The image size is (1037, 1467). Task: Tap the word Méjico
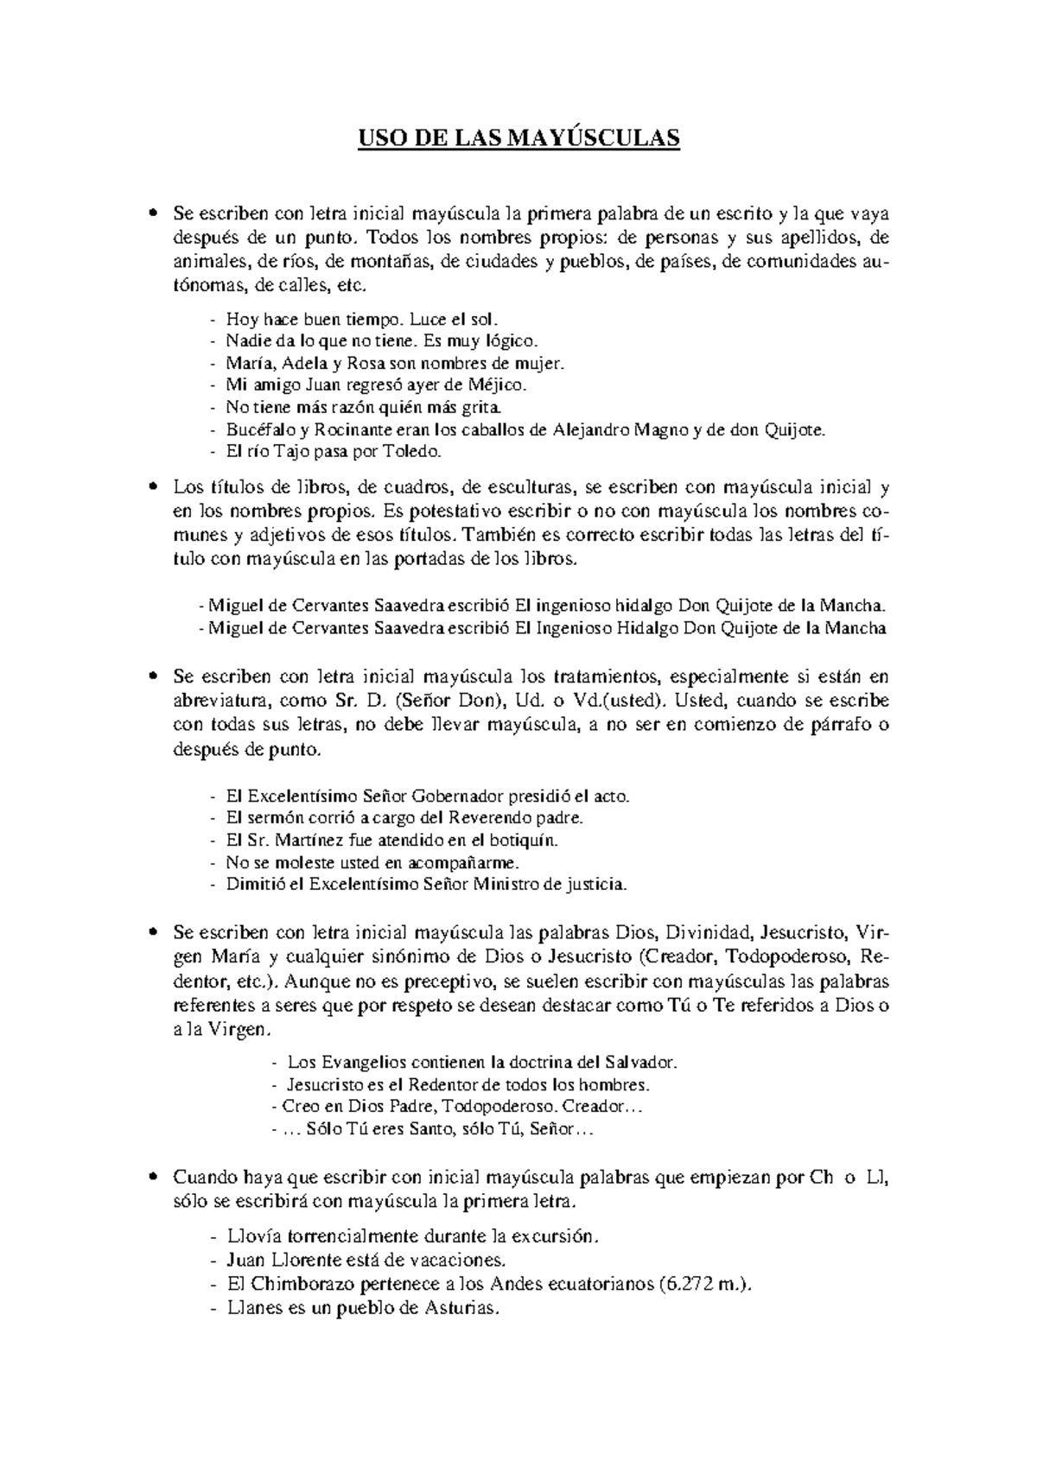point(498,384)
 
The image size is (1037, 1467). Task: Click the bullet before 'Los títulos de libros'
point(153,487)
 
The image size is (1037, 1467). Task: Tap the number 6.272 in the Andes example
point(684,1285)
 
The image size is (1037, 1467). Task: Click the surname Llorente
point(331,1261)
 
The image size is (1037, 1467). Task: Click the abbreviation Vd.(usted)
point(620,700)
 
